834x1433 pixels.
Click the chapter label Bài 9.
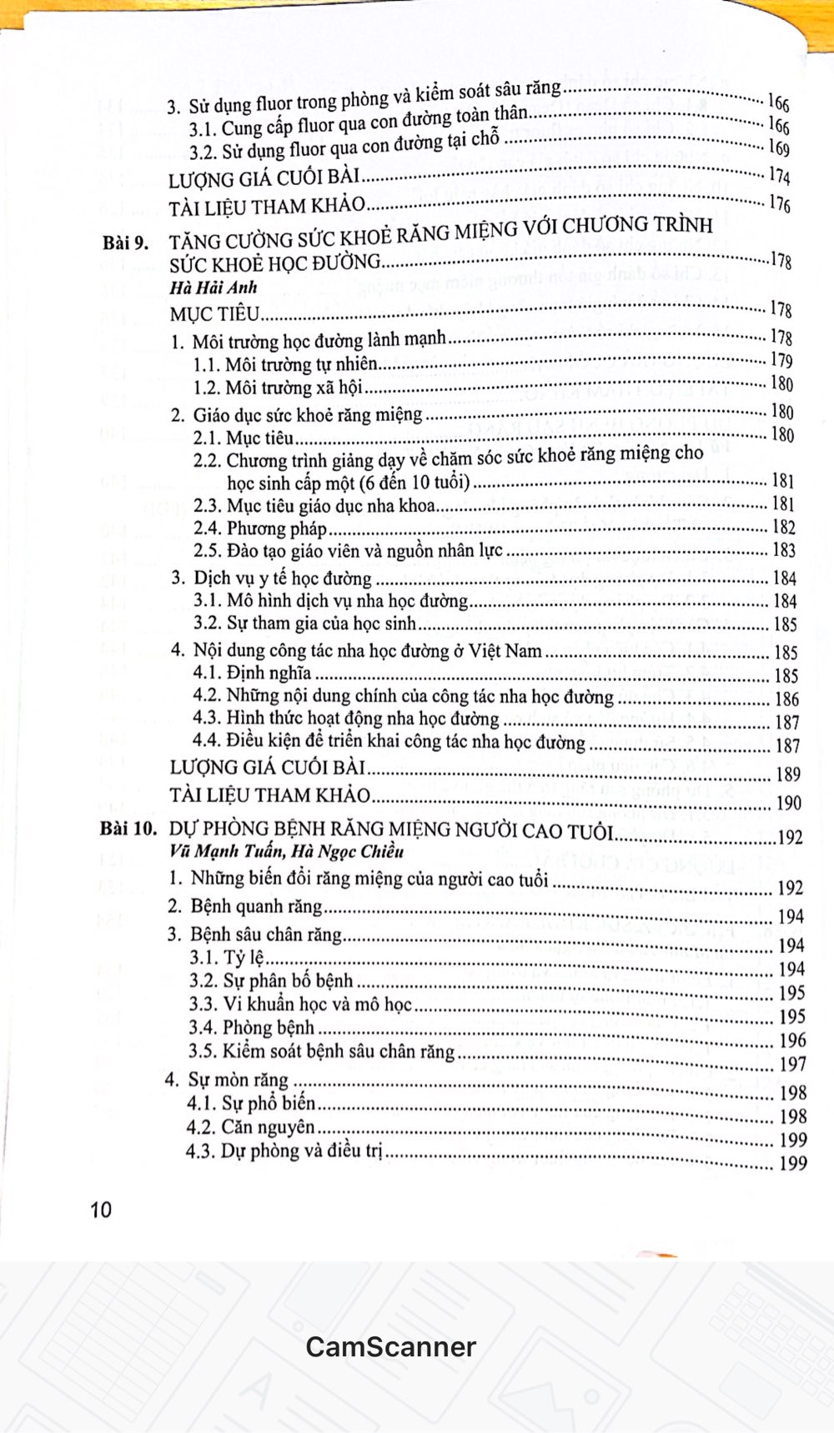(x=125, y=243)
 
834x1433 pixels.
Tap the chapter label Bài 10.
(x=128, y=829)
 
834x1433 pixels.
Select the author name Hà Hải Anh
(x=213, y=288)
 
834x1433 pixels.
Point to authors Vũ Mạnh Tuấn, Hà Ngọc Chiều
(x=285, y=851)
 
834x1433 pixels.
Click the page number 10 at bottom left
(x=101, y=1209)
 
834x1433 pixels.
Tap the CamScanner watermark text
(x=390, y=1346)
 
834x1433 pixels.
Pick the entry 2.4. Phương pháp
(x=259, y=528)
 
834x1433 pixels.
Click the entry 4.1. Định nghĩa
(x=252, y=673)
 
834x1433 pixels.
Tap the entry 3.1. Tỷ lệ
(x=227, y=958)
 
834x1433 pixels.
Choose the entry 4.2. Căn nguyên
(x=252, y=1127)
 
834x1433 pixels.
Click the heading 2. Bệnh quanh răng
(x=244, y=906)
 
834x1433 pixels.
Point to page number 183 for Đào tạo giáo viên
(x=784, y=550)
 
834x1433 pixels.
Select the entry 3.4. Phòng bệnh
(x=252, y=1027)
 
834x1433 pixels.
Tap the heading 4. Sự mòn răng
(x=227, y=1080)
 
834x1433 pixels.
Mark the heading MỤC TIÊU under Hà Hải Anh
(x=214, y=314)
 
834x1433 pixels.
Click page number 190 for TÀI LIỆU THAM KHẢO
(x=788, y=803)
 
